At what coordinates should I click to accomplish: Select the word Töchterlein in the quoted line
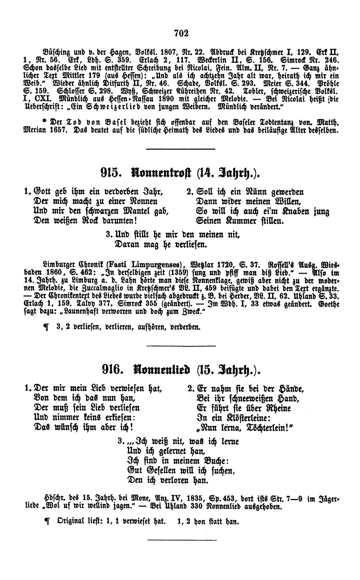(x=263, y=428)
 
